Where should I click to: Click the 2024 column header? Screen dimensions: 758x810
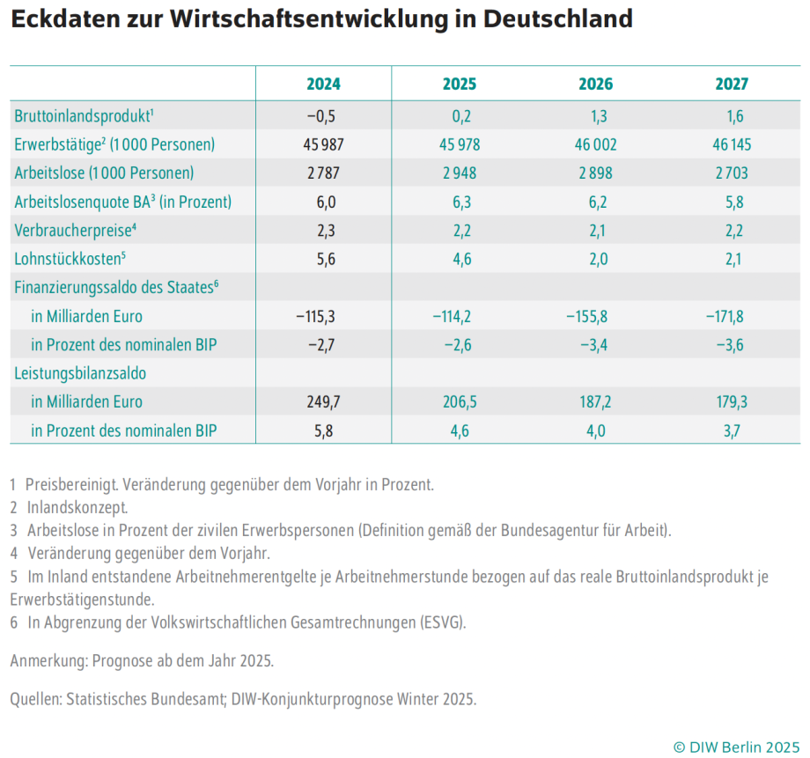tap(323, 85)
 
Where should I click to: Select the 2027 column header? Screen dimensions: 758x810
tap(731, 85)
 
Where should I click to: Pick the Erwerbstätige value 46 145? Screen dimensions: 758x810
tap(728, 144)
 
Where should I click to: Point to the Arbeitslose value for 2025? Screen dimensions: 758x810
tap(459, 173)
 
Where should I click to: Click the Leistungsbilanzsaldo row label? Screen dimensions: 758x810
tap(80, 373)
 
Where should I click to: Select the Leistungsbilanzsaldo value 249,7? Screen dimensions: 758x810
tap(321, 401)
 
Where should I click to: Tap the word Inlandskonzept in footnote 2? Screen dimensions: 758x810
tap(77, 507)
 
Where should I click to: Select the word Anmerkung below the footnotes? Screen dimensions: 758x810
tap(45, 660)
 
